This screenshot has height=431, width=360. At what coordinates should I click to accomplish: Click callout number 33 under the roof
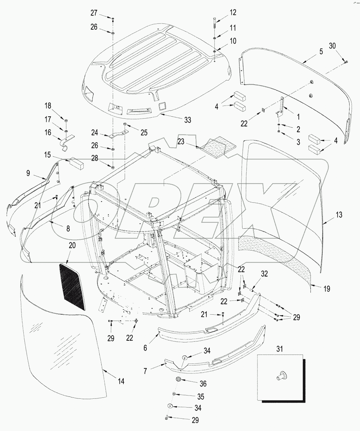(x=188, y=120)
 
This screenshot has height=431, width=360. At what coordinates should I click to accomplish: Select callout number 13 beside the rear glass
(x=339, y=215)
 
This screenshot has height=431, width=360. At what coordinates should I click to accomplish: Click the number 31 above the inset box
(x=280, y=349)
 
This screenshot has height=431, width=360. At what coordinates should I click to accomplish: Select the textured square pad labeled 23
(x=214, y=143)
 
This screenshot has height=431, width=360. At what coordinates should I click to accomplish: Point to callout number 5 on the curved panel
(x=321, y=51)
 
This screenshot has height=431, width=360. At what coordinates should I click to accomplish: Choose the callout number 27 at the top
(x=94, y=13)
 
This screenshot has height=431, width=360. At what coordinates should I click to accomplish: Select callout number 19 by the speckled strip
(x=327, y=288)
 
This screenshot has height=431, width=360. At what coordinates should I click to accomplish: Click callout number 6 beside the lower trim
(x=145, y=348)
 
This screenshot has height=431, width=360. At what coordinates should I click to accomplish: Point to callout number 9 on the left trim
(x=28, y=173)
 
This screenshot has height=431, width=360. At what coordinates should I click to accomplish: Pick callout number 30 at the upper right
(x=332, y=46)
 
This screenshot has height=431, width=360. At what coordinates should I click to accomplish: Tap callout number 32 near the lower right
(x=264, y=274)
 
